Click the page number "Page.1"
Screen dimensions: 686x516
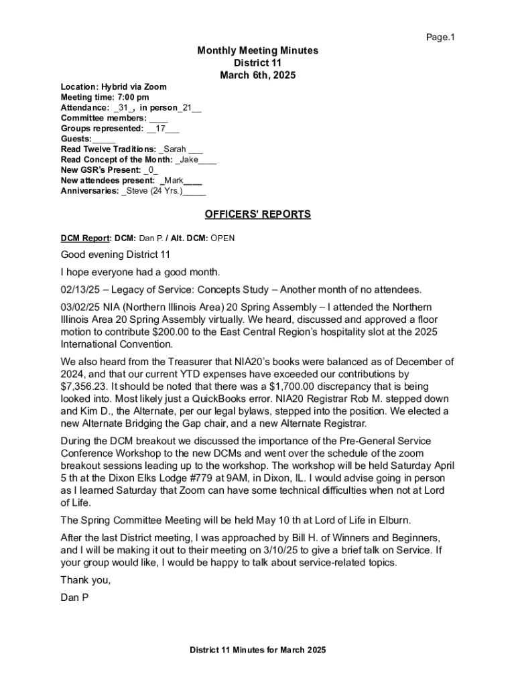[x=440, y=38]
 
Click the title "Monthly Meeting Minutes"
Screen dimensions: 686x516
[x=257, y=51]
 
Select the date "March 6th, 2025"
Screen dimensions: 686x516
[x=257, y=76]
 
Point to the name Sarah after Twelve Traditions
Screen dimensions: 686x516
[x=174, y=149]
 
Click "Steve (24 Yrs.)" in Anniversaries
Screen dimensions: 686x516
[x=153, y=191]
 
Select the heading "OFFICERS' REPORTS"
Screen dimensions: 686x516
[x=257, y=214]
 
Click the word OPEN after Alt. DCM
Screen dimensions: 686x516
[x=223, y=238]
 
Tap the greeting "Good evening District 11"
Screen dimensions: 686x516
[x=115, y=255]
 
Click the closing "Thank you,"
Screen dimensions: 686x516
[x=85, y=579]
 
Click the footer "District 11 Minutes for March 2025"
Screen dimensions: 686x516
[x=257, y=650]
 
